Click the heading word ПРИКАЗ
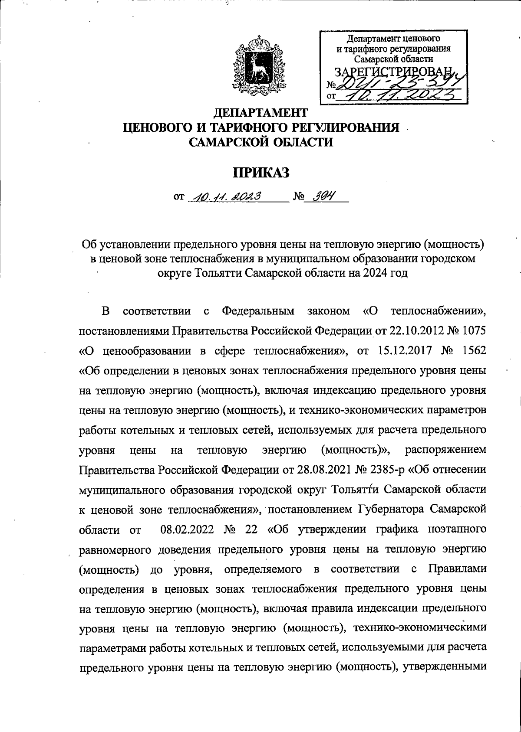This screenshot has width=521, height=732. (261, 173)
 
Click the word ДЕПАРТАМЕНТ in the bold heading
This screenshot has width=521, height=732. (261, 113)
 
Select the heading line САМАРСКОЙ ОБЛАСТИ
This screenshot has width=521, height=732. (261, 141)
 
